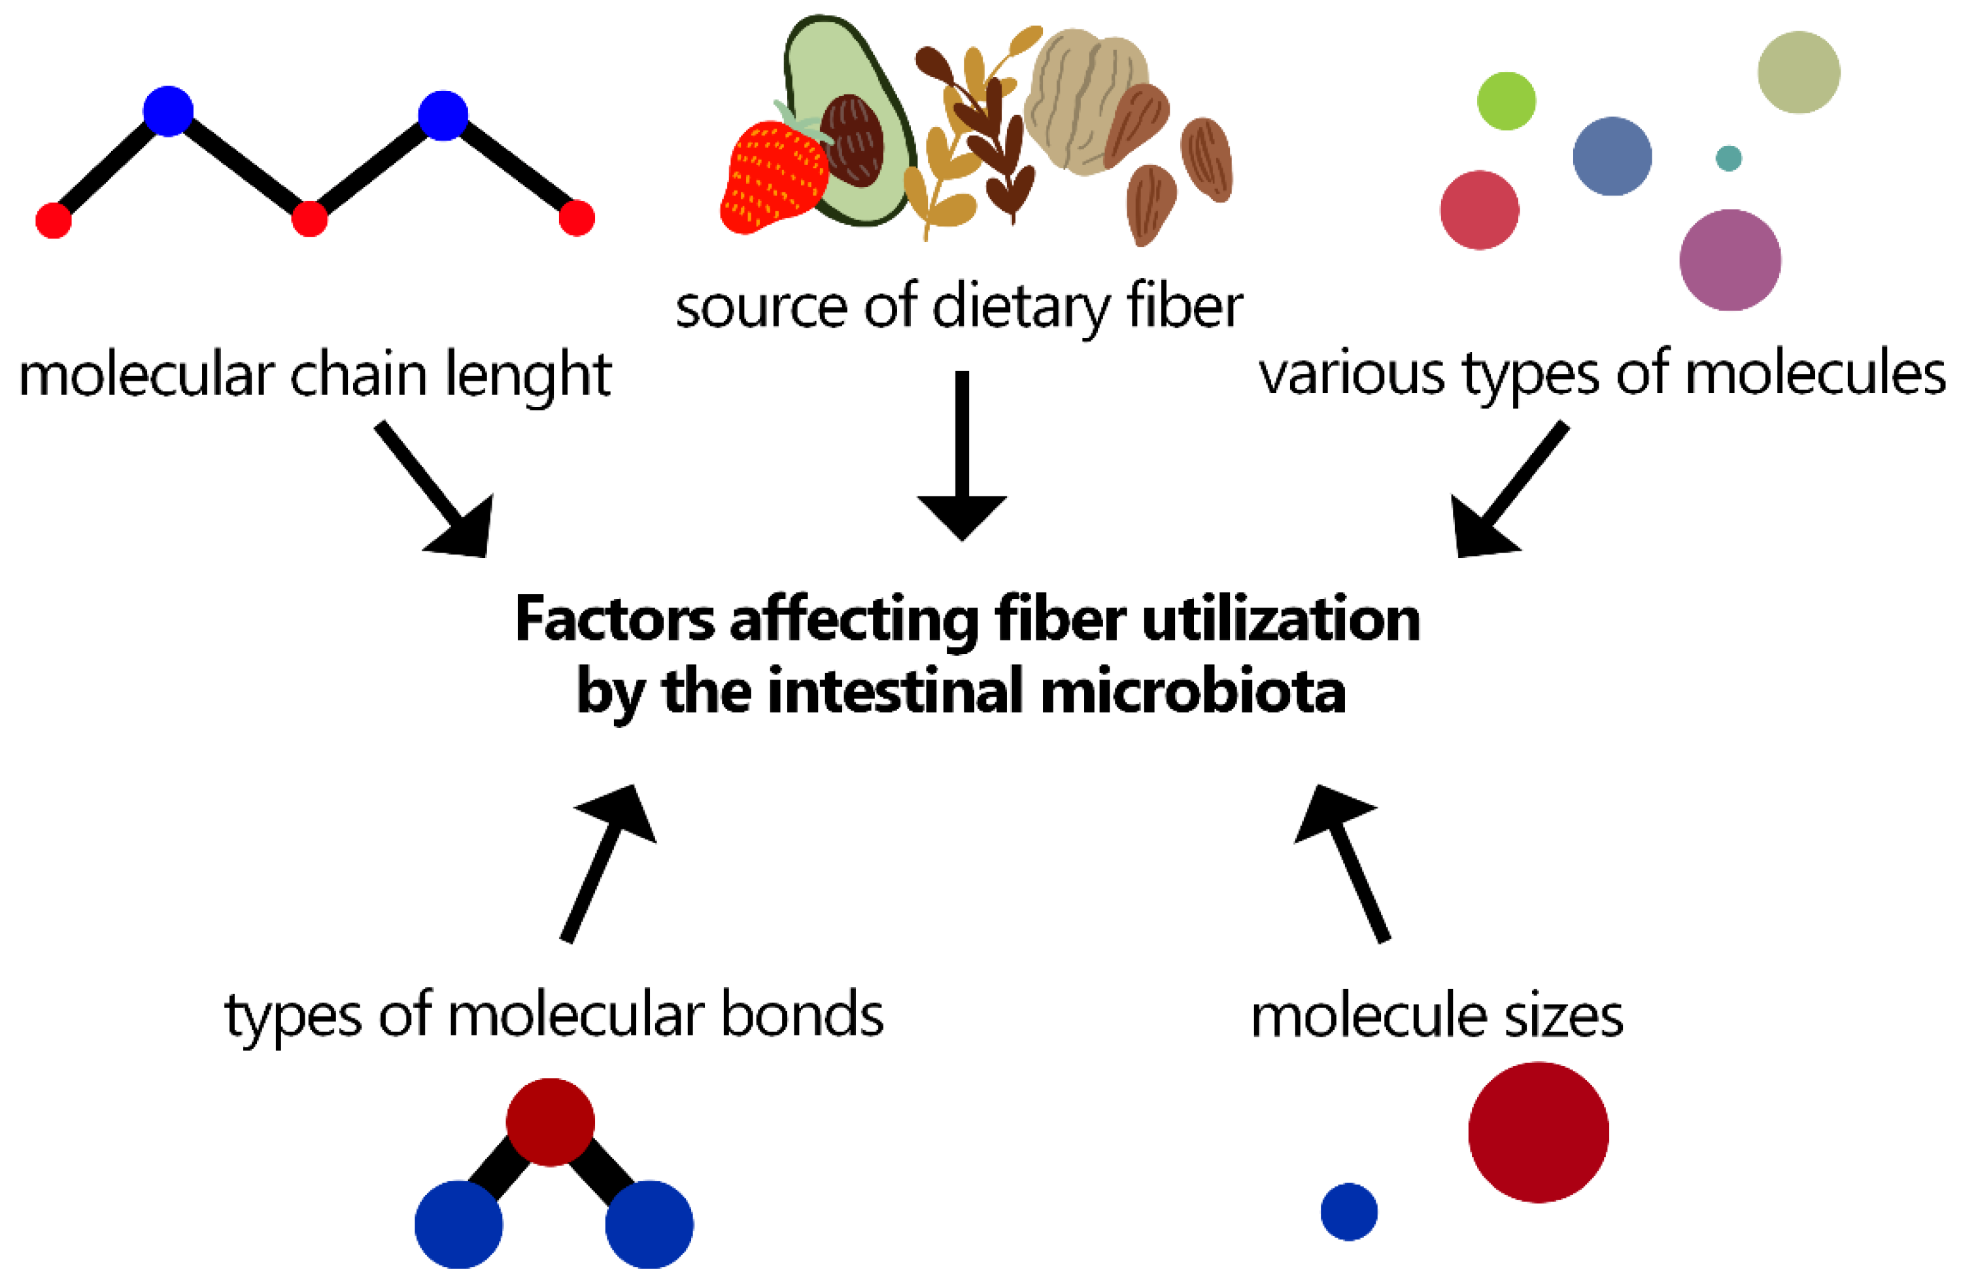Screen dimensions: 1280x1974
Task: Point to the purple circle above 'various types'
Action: coord(1729,260)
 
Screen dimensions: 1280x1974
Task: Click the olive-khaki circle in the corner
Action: coord(1798,72)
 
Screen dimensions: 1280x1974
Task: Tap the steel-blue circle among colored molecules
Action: coord(1612,156)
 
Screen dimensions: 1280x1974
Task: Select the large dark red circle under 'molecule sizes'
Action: coord(1538,1132)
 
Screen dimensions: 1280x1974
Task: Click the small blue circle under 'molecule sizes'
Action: coord(1349,1212)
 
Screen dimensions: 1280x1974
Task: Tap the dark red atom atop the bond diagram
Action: coord(550,1122)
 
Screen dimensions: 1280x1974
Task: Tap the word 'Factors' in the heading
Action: coord(614,619)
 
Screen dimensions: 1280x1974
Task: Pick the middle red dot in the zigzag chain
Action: coord(309,219)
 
